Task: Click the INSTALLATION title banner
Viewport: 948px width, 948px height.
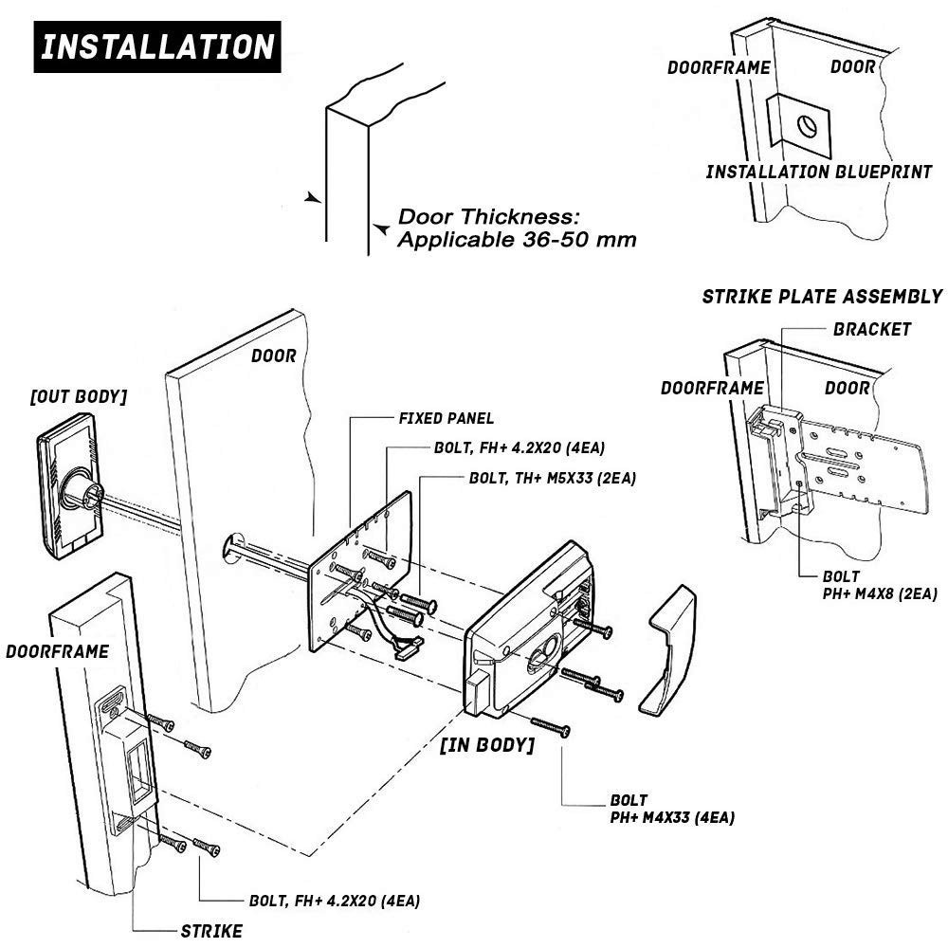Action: click(x=156, y=46)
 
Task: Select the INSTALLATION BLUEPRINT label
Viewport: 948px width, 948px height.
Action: click(x=818, y=172)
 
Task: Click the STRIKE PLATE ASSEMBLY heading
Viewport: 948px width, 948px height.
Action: click(x=822, y=297)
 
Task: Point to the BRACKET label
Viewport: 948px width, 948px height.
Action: click(x=871, y=330)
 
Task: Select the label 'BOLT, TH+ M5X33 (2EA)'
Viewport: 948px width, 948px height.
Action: click(x=552, y=478)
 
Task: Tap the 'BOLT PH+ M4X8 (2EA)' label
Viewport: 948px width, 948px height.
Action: click(x=866, y=585)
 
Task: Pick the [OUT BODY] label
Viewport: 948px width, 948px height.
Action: click(x=79, y=396)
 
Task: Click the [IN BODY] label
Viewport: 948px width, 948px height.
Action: click(x=487, y=744)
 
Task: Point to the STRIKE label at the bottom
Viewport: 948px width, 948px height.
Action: click(x=210, y=929)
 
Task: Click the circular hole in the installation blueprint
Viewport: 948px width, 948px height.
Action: click(x=806, y=126)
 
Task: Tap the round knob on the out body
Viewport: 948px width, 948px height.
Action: click(x=78, y=491)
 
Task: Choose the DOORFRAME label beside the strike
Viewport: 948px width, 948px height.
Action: click(x=57, y=651)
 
